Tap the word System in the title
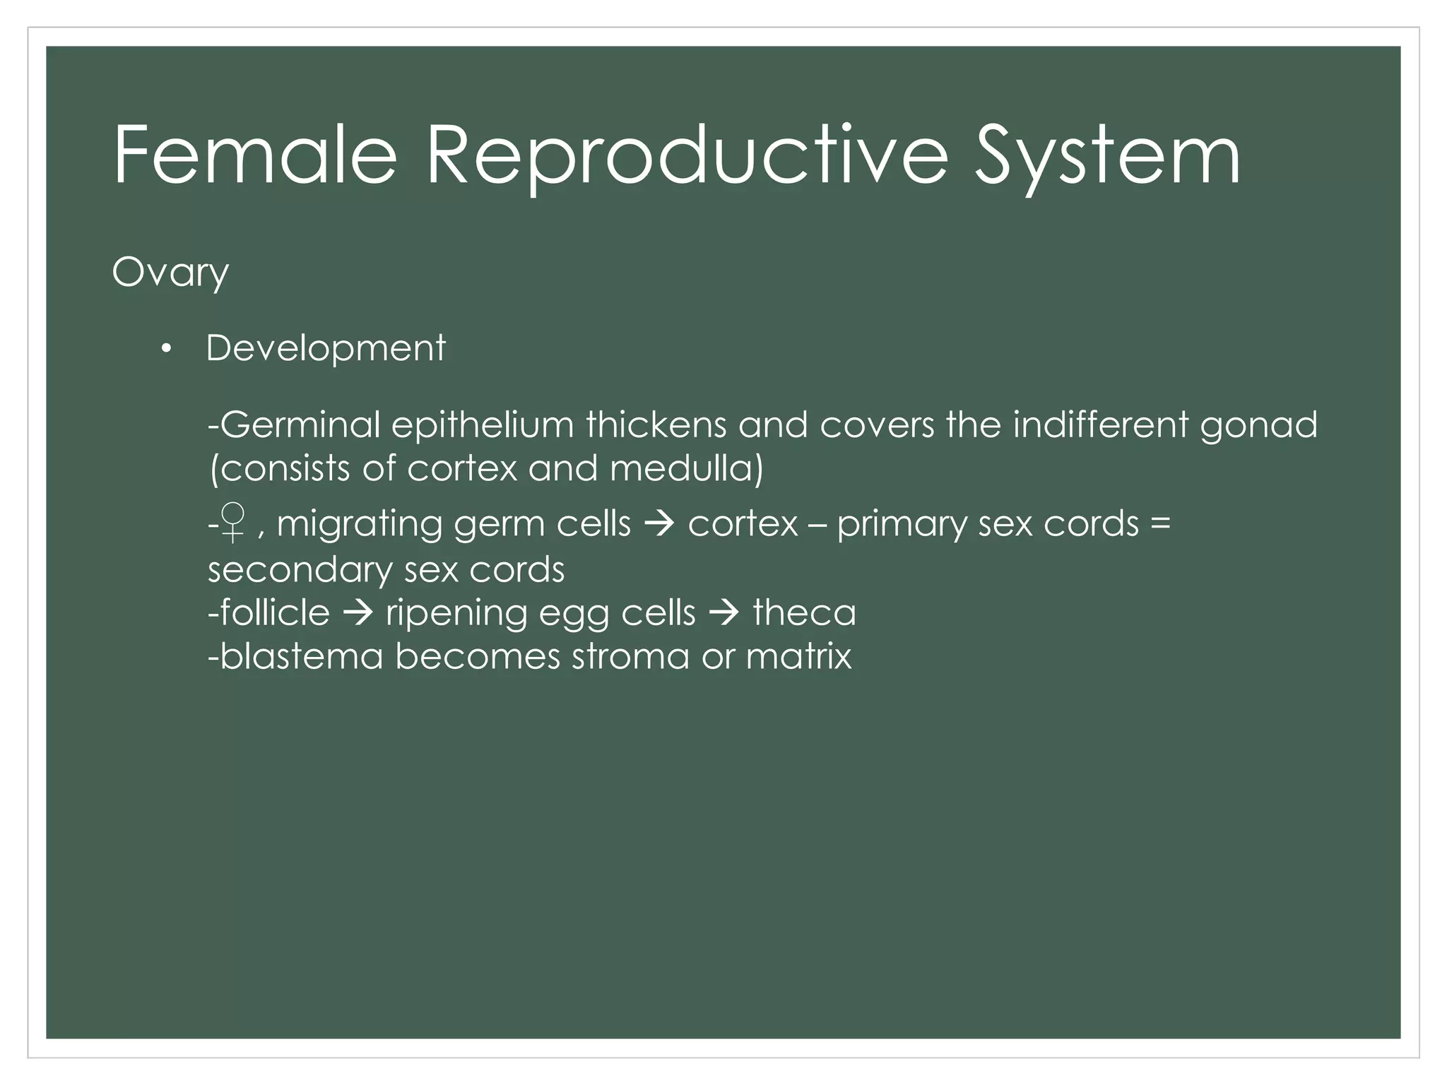[x=1106, y=157]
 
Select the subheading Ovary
[x=170, y=273]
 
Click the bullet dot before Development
[x=166, y=348]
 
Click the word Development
[x=325, y=348]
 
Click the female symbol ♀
[x=232, y=523]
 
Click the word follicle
[x=275, y=612]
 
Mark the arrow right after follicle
[x=358, y=613]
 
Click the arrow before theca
[x=723, y=613]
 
